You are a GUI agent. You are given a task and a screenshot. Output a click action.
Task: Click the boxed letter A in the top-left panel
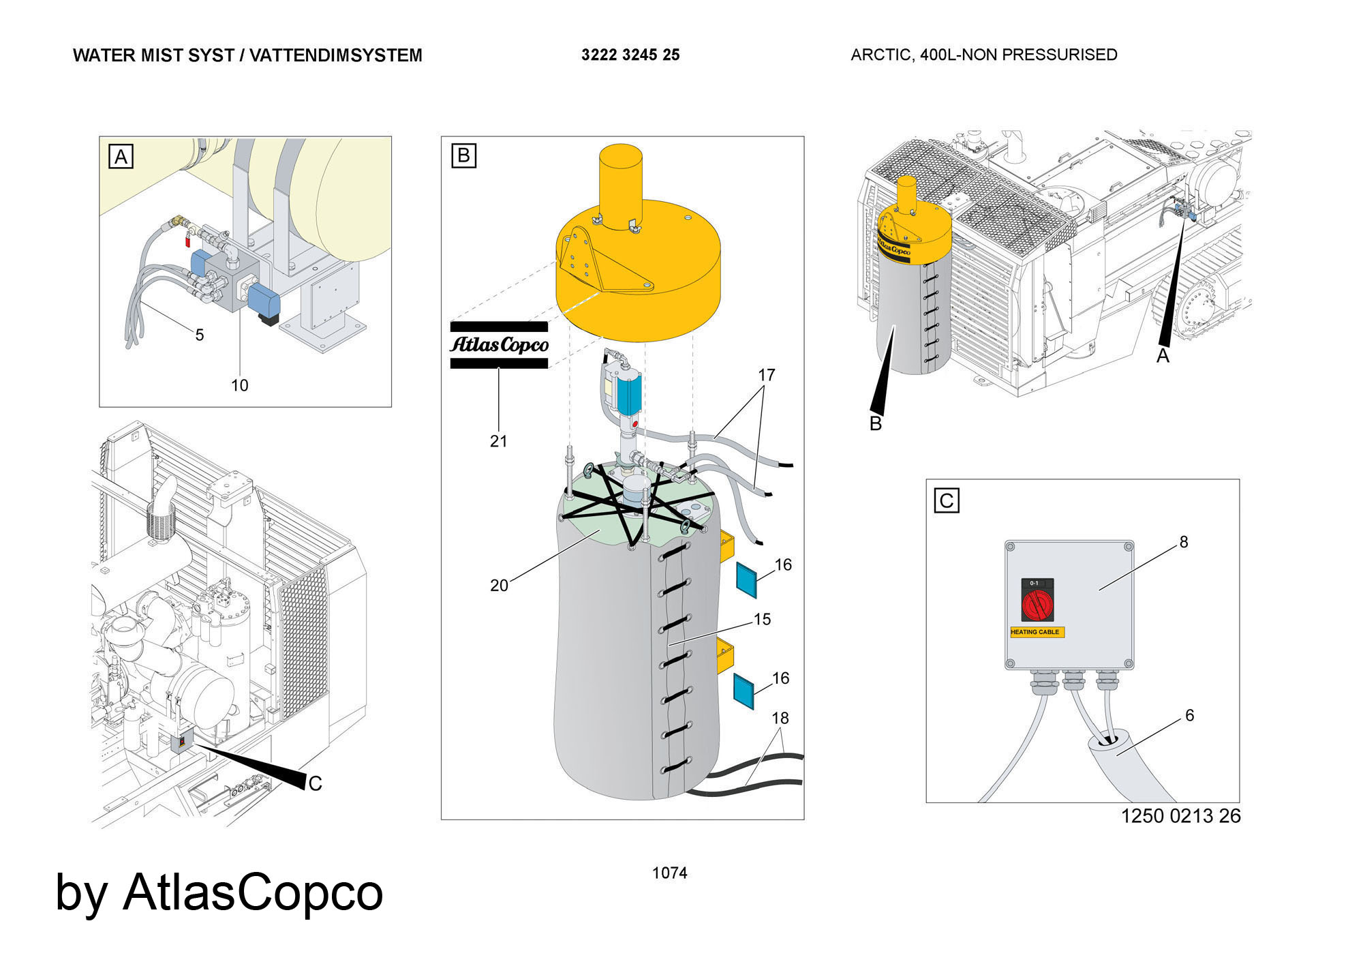click(121, 157)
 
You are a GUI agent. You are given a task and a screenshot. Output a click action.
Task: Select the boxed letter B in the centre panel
click(463, 155)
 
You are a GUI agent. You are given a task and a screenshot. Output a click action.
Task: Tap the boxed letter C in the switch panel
click(946, 500)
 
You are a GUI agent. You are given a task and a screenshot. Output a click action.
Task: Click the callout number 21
click(499, 441)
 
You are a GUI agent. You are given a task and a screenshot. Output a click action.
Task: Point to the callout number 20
click(499, 586)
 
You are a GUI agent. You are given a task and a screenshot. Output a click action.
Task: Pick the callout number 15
click(762, 619)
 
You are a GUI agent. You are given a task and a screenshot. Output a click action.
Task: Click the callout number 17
click(767, 375)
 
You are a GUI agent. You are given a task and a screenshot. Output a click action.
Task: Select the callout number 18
click(780, 718)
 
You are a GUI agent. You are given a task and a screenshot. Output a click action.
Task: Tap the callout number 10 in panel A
click(239, 385)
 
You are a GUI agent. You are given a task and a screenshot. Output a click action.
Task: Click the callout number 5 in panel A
click(200, 335)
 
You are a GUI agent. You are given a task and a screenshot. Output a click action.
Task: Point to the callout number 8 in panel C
click(1184, 541)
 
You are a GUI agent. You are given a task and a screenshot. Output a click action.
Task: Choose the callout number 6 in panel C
click(1189, 715)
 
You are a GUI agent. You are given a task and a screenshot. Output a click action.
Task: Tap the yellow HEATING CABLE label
click(1036, 632)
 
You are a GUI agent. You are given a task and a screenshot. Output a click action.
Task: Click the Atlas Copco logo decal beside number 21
click(499, 345)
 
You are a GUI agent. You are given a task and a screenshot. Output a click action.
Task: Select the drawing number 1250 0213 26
click(1180, 815)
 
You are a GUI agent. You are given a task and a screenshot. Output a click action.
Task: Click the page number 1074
click(669, 873)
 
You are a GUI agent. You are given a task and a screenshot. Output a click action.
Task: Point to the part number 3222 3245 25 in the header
click(630, 55)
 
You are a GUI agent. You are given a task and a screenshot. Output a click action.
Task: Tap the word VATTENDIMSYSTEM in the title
click(335, 55)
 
